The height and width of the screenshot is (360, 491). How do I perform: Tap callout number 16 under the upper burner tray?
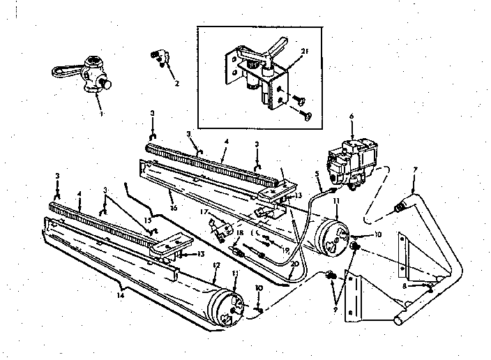tap(170, 207)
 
